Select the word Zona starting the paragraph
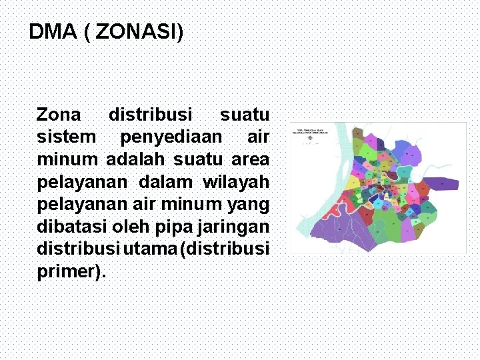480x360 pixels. point(59,115)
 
